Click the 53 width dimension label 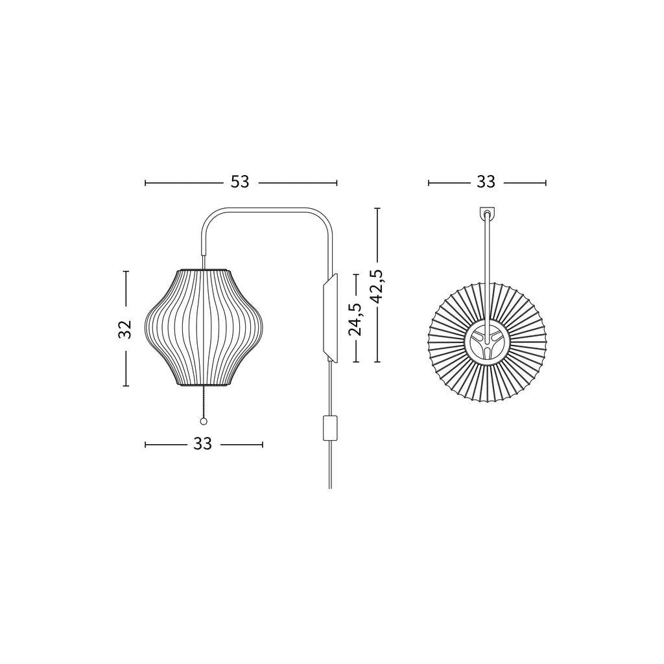coord(240,182)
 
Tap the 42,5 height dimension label coord(376,286)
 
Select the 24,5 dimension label coord(355,319)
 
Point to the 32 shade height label coord(125,329)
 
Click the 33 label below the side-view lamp coord(202,444)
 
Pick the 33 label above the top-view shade coord(486,182)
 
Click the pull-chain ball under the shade coord(204,421)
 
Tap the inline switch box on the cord coord(330,428)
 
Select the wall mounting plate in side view coord(330,318)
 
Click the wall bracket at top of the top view coord(487,213)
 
